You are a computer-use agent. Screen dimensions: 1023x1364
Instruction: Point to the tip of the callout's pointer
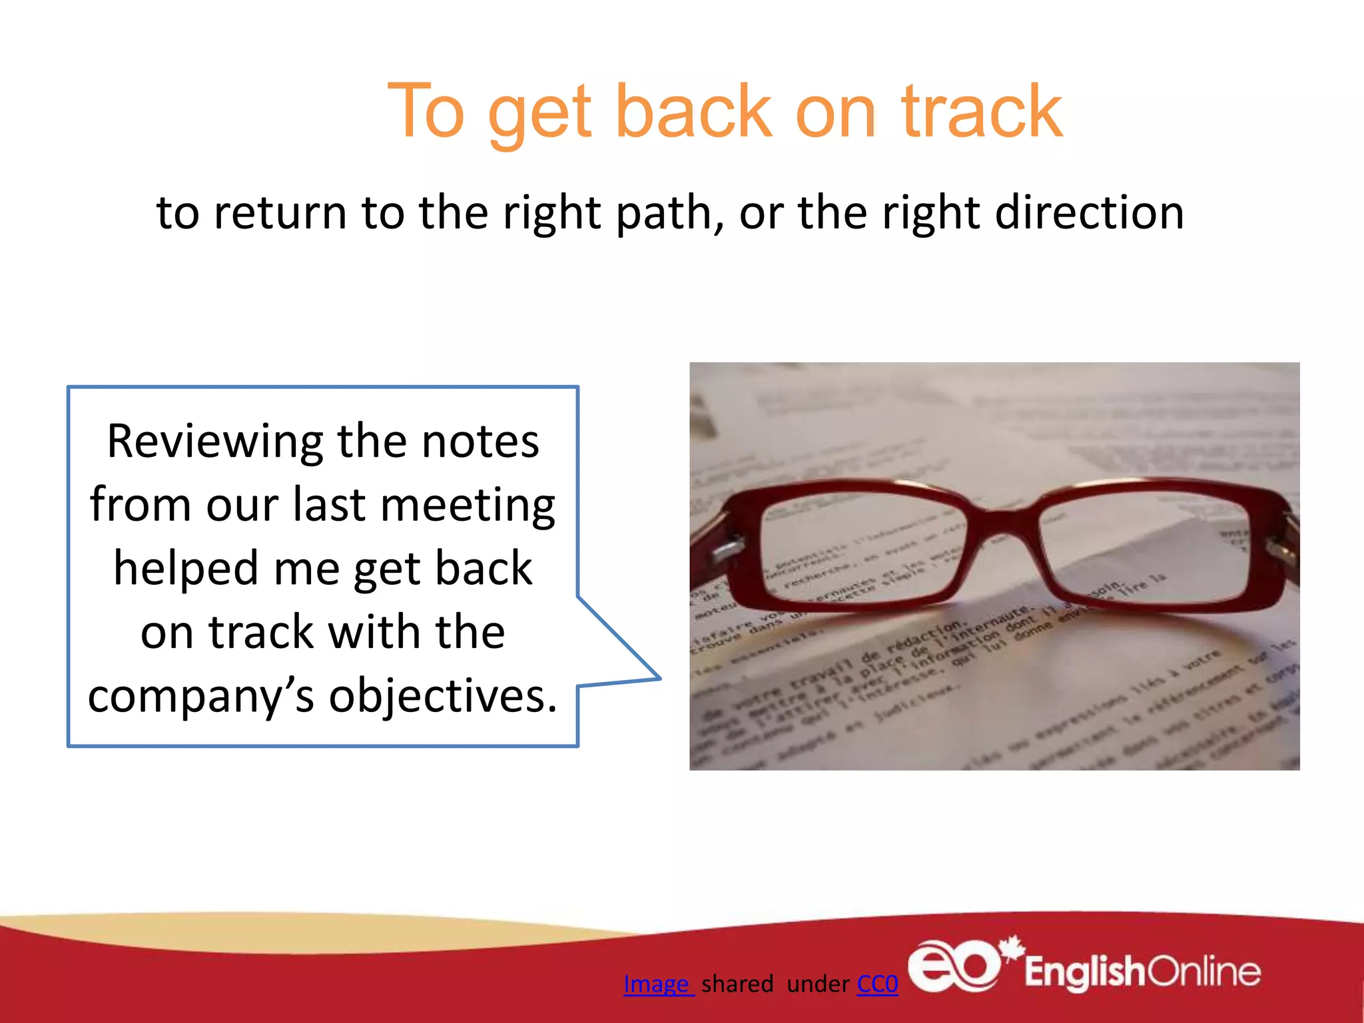[x=659, y=678]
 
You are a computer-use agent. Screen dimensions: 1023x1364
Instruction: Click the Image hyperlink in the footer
[x=658, y=984]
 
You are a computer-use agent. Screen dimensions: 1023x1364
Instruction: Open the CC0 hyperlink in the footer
[x=877, y=984]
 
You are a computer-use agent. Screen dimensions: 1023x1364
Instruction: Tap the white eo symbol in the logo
[x=954, y=966]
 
